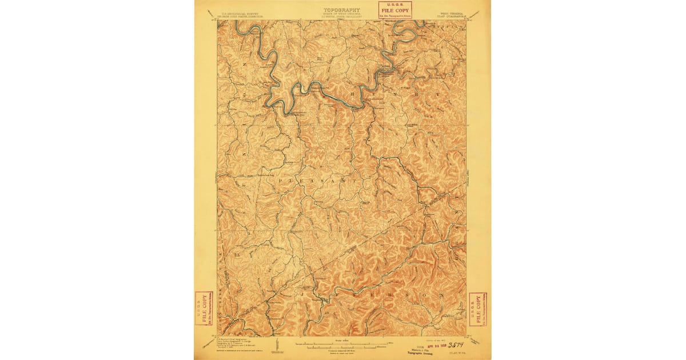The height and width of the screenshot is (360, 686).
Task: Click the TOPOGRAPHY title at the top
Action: pyautogui.click(x=342, y=10)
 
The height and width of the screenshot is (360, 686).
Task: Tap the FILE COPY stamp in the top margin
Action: pyautogui.click(x=395, y=9)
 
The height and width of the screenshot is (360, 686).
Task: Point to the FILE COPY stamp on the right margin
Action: pyautogui.click(x=478, y=309)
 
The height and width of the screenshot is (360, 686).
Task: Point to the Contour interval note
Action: pyautogui.click(x=342, y=350)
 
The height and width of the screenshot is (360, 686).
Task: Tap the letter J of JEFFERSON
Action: pyautogui.click(x=298, y=293)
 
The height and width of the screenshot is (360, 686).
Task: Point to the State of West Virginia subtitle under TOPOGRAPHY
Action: pyautogui.click(x=342, y=14)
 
